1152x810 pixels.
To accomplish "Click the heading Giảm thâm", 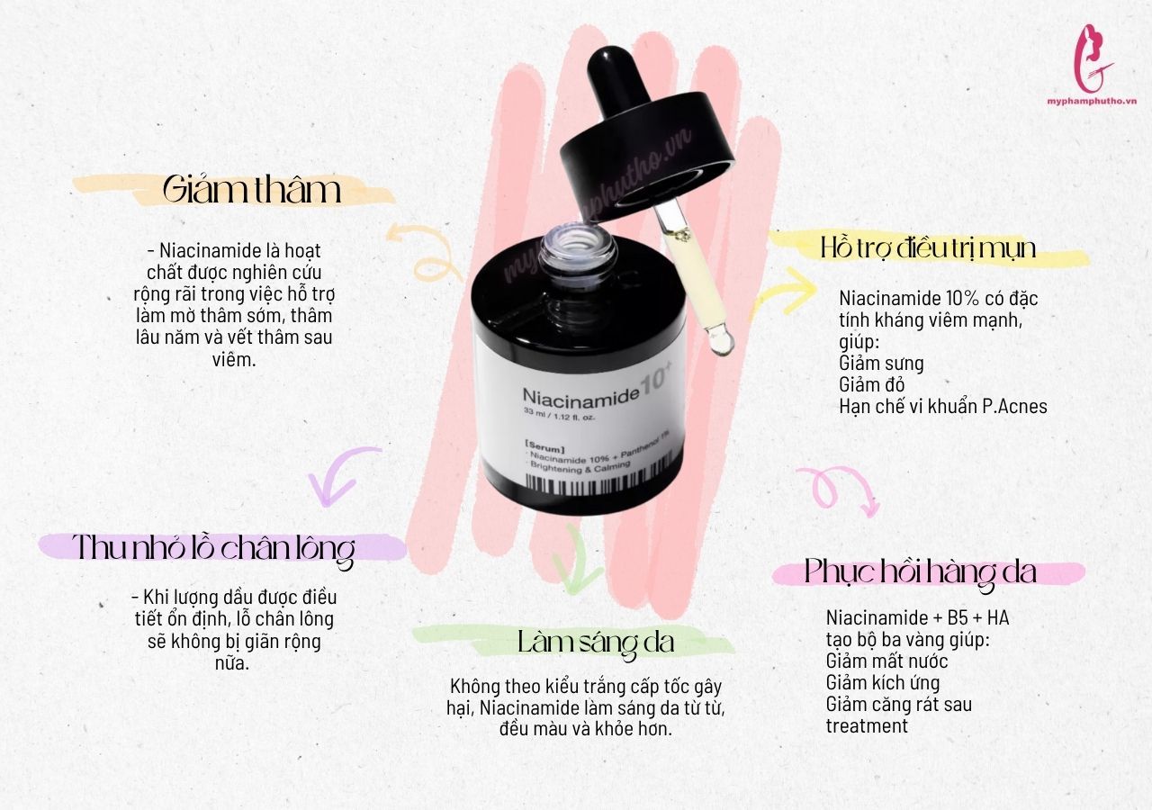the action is click(251, 190).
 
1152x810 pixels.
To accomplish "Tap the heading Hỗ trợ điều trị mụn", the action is click(928, 248).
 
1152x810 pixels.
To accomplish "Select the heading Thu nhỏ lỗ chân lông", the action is click(213, 549).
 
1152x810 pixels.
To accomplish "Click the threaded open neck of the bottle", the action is click(578, 247).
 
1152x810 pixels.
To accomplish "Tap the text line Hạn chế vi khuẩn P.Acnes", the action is click(943, 406).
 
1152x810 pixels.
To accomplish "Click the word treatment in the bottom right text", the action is click(867, 725).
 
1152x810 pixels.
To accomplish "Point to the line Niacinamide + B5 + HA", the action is click(917, 617).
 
